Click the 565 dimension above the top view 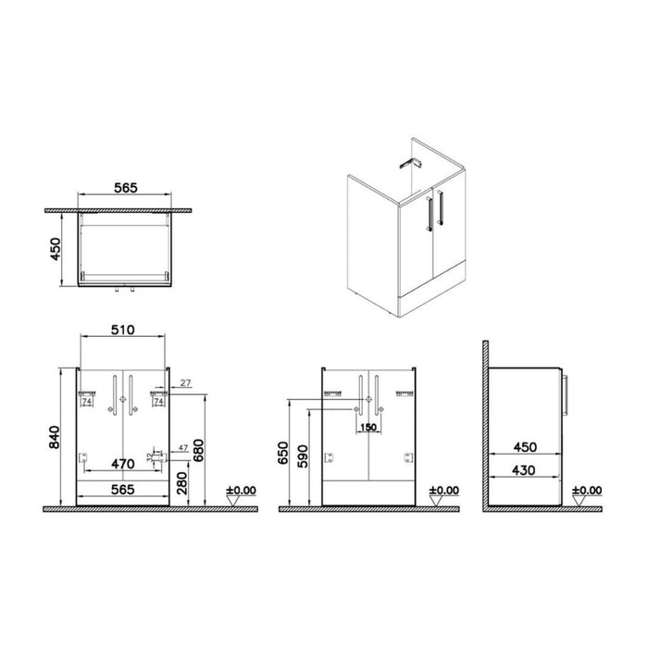(126, 188)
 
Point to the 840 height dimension (55, 434)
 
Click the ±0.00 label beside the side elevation (587, 491)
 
